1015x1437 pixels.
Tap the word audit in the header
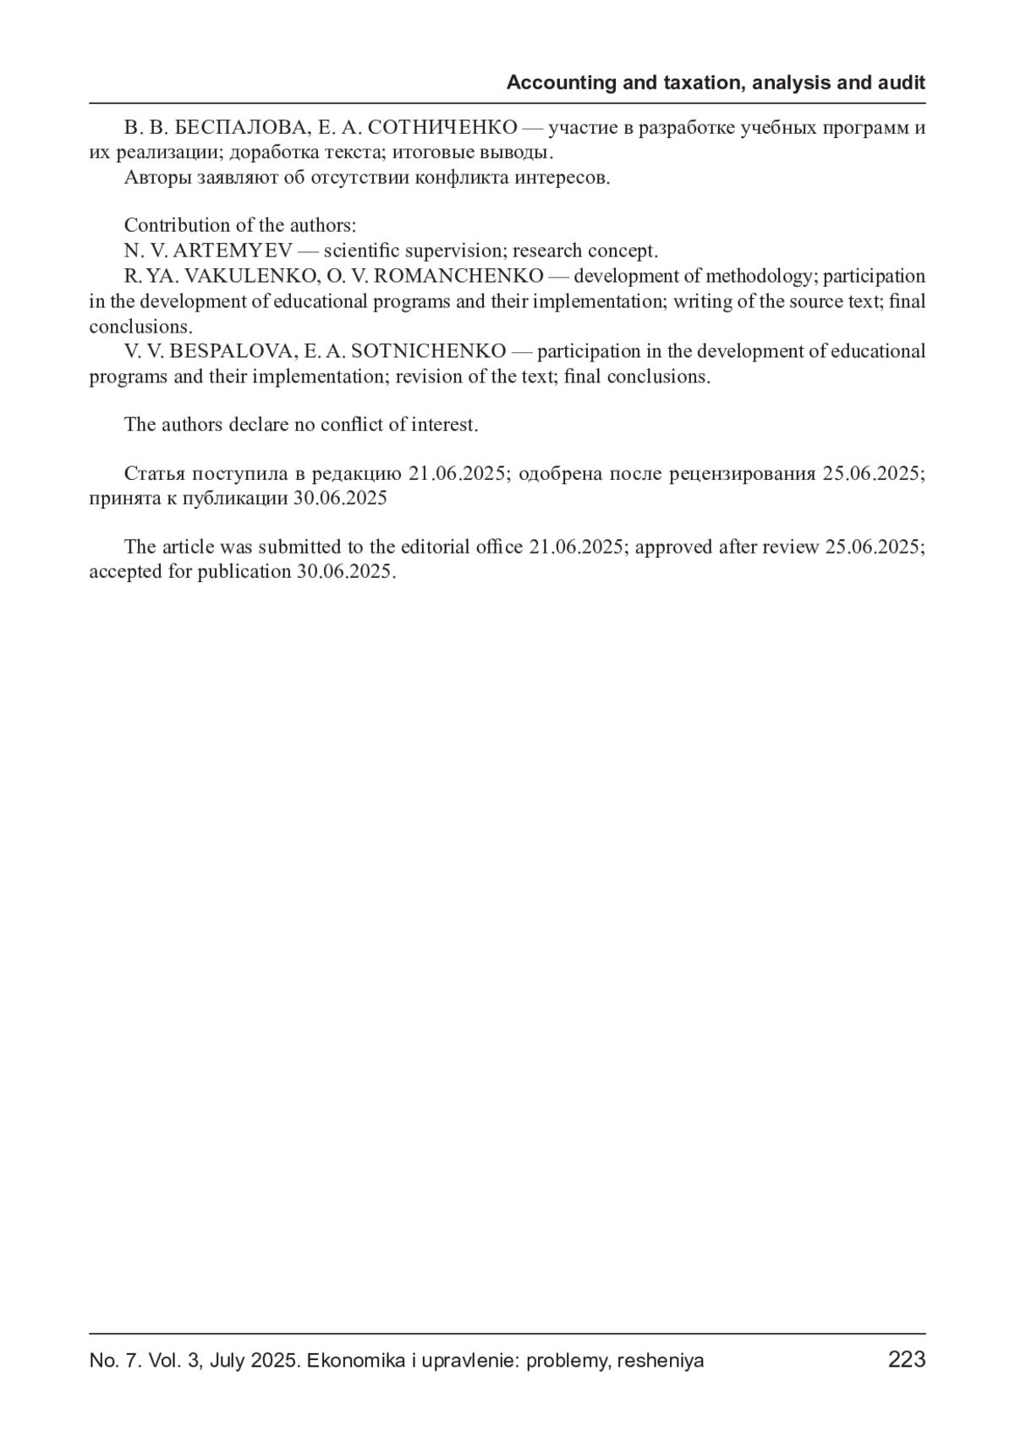click(x=902, y=83)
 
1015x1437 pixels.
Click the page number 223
click(x=907, y=1360)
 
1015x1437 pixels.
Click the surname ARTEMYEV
click(x=233, y=251)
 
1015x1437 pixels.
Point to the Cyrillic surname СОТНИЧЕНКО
click(x=443, y=129)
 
